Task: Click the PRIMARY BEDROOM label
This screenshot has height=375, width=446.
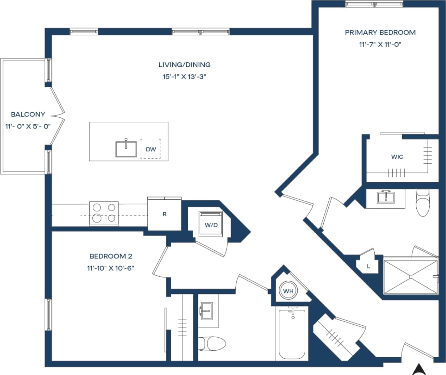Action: click(380, 33)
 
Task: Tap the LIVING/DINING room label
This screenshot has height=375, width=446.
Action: click(184, 65)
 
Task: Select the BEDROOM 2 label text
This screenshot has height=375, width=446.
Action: click(111, 257)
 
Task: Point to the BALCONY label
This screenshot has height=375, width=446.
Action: click(28, 114)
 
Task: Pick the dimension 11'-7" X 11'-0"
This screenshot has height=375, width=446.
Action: click(380, 45)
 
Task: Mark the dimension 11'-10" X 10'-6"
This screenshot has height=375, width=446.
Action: click(111, 268)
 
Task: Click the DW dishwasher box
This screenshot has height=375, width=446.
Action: click(151, 149)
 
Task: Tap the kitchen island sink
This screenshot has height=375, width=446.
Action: click(126, 149)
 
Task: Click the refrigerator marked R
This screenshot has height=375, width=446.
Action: click(164, 214)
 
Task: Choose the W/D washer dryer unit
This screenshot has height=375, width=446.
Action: click(211, 224)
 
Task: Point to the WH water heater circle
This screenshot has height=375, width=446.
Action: click(288, 291)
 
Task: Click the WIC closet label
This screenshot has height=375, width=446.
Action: click(397, 157)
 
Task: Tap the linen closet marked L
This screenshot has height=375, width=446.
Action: click(369, 266)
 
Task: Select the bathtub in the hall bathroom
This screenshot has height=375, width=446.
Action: click(292, 333)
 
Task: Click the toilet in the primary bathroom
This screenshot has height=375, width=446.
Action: click(422, 203)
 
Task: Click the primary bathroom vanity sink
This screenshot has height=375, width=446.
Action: click(386, 197)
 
